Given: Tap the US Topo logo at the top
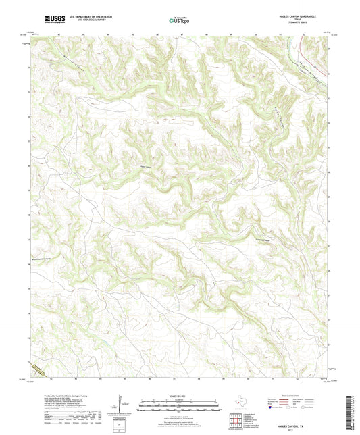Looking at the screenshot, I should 179,20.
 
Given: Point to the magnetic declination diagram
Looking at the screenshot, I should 123,405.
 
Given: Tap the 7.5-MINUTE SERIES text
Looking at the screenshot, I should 297,25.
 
